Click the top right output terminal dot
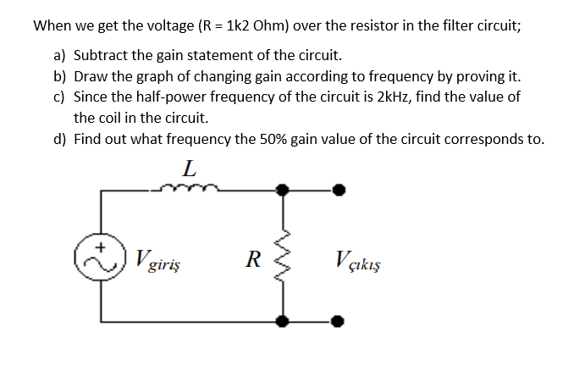339,191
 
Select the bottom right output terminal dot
339,321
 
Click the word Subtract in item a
100,56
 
